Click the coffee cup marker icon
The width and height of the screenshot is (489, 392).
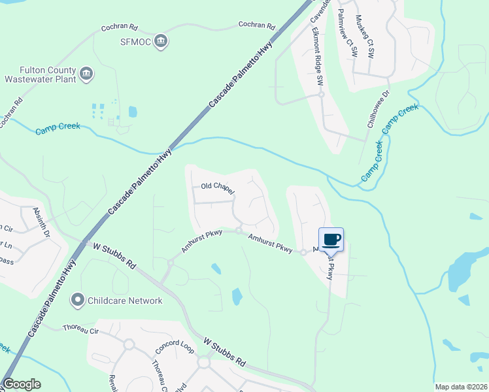pyautogui.click(x=331, y=239)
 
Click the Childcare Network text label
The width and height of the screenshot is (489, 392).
pyautogui.click(x=125, y=301)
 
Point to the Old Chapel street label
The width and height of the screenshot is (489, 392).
pyautogui.click(x=217, y=187)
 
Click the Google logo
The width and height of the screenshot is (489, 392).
pyautogui.click(x=22, y=384)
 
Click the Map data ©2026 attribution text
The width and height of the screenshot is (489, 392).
pyautogui.click(x=460, y=387)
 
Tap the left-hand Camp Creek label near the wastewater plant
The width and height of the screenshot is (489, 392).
pyautogui.click(x=58, y=126)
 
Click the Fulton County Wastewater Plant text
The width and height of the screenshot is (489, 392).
pyautogui.click(x=39, y=74)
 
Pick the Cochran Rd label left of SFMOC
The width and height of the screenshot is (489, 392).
pyautogui.click(x=119, y=28)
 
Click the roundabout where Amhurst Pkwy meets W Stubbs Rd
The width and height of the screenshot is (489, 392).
pyautogui.click(x=169, y=263)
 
